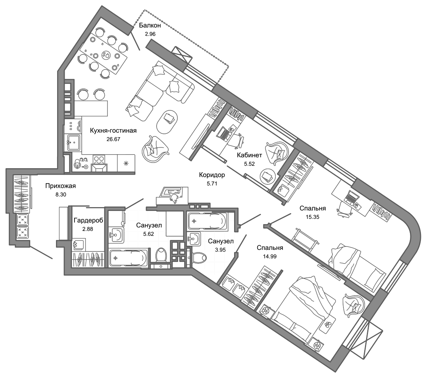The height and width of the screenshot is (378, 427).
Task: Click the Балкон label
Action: [150, 26]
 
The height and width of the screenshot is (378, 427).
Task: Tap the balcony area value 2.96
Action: [150, 34]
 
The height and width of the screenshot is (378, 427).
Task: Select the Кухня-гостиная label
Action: [113, 130]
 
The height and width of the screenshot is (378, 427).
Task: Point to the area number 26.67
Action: [113, 139]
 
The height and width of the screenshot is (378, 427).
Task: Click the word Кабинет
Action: [249, 155]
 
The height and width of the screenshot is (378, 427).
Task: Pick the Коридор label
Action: [212, 175]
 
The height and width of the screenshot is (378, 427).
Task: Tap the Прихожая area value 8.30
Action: [61, 195]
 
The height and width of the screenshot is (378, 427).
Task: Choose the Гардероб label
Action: [89, 220]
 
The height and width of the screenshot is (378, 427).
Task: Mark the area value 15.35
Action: [313, 217]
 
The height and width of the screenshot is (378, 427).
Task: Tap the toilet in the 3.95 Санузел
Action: [198, 258]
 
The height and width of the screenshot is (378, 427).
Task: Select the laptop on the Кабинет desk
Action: [224, 133]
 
